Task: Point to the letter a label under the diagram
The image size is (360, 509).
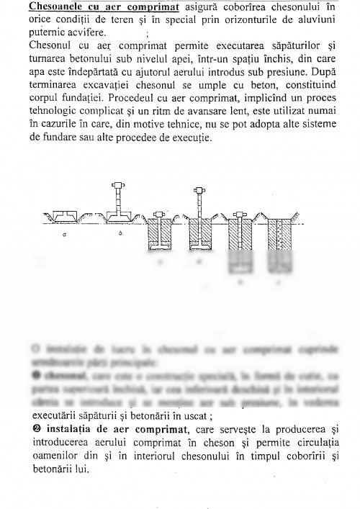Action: click(66, 235)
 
